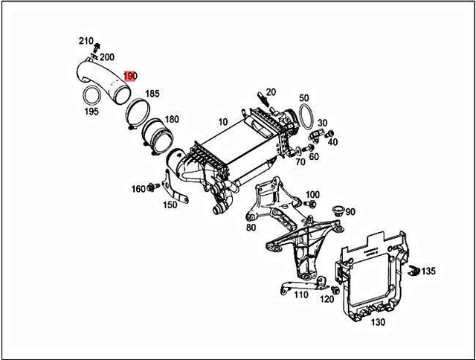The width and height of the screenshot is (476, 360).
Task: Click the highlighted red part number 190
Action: (131, 76)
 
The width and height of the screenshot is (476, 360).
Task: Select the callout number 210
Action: (86, 40)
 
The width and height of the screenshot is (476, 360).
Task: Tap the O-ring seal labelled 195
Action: (91, 97)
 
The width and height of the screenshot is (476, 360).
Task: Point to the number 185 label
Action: (152, 94)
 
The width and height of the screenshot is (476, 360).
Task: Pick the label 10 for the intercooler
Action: (222, 122)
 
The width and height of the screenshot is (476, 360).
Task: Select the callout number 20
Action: (271, 92)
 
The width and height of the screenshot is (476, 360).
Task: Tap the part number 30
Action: (322, 123)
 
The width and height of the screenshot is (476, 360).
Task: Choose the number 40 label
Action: (332, 141)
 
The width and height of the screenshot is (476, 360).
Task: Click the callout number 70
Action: (300, 161)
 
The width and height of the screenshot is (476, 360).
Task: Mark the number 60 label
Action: (314, 156)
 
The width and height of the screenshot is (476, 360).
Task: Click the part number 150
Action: (170, 205)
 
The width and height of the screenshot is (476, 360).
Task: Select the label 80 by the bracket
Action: (251, 227)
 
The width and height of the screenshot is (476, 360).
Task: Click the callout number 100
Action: (312, 194)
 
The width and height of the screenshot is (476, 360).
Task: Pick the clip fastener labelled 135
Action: (416, 269)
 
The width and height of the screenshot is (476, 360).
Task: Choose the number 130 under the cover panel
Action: (378, 323)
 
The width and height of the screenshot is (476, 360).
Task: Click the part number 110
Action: (300, 295)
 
